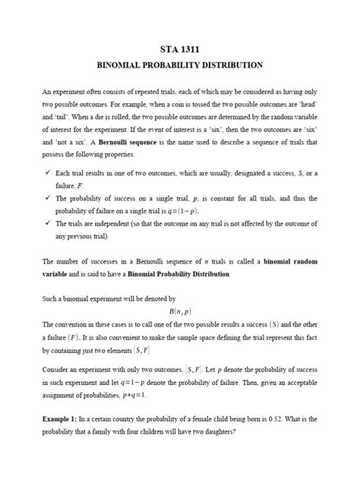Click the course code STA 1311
coord(179,49)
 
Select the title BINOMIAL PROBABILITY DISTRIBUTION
coord(179,65)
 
